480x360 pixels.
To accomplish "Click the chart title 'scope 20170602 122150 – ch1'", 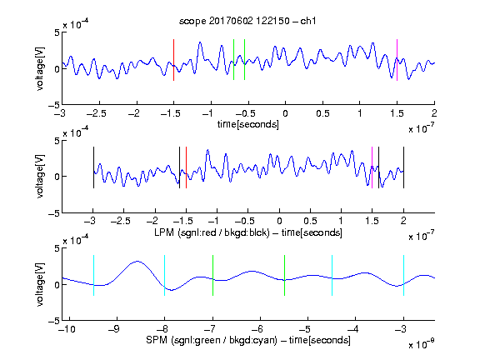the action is pos(247,21).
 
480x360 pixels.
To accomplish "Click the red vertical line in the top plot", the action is pos(173,60).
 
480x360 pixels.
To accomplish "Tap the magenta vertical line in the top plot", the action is pos(397,60).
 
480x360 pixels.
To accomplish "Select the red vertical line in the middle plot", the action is pos(186,167).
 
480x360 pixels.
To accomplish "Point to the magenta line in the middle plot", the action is pos(372,167).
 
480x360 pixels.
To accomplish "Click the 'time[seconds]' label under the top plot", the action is pos(248,124).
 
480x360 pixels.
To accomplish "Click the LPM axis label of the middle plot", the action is pos(248,232).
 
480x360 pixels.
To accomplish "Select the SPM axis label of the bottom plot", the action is pos(248,340).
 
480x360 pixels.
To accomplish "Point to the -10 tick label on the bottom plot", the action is pos(67,329).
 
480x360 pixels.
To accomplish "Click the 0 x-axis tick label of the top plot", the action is pos(285,113).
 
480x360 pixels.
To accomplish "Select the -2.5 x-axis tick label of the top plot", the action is pos(97,113).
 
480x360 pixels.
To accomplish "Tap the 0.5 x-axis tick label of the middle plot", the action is pos(310,221).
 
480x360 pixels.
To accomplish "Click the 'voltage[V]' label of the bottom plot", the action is pos(40,284).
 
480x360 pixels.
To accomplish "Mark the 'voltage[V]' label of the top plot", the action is pos(40,68).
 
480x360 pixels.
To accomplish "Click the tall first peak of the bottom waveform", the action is pos(137,261).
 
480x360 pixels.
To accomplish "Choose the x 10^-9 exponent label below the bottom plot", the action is pos(422,343).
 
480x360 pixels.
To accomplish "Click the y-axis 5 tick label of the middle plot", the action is pos(57,141).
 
